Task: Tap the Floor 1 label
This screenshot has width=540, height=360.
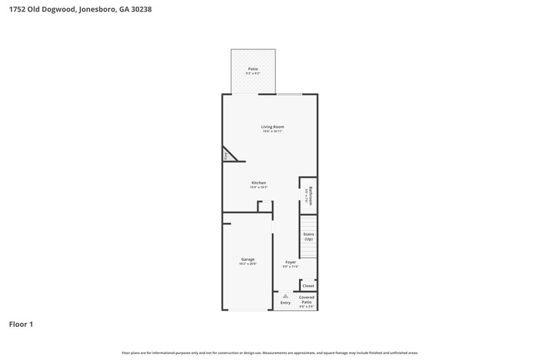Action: [x=21, y=324]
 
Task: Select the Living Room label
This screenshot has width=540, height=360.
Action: [x=273, y=126]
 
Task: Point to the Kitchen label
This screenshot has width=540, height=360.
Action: [x=259, y=182]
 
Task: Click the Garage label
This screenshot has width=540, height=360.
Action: [x=248, y=259]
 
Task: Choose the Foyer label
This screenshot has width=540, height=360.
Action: [x=290, y=261]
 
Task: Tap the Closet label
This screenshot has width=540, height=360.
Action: [x=308, y=286]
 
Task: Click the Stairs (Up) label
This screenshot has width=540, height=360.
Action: [x=308, y=236]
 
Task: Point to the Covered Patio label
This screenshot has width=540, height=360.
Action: [x=306, y=300]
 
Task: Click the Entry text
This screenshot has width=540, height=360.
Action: [x=286, y=303]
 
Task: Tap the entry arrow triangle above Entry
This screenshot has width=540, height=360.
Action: [x=286, y=296]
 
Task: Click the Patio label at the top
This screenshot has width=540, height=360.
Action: [x=253, y=69]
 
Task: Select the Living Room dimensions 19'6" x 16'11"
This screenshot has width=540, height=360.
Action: [x=273, y=131]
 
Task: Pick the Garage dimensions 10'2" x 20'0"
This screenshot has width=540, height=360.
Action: [x=248, y=264]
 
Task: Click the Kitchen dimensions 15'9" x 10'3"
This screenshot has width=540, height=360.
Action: [x=259, y=187]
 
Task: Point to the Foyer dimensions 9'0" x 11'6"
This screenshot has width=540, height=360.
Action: [x=290, y=266]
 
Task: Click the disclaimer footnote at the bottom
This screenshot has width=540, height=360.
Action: [x=269, y=353]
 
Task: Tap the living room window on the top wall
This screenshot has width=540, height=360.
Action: [x=290, y=94]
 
